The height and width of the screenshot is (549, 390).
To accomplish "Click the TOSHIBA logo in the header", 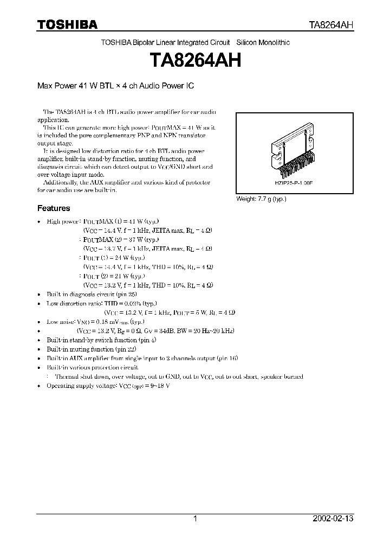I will (67, 24).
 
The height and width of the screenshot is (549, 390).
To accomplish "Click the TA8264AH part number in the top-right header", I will (331, 25).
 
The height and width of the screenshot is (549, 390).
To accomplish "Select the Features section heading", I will (54, 208).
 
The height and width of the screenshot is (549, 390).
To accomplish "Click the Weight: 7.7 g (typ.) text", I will (261, 199).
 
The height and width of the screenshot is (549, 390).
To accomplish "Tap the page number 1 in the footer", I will (195, 519).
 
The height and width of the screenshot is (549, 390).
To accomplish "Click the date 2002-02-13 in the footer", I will (333, 519).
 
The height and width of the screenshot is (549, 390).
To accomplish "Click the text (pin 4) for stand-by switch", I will (147, 340).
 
